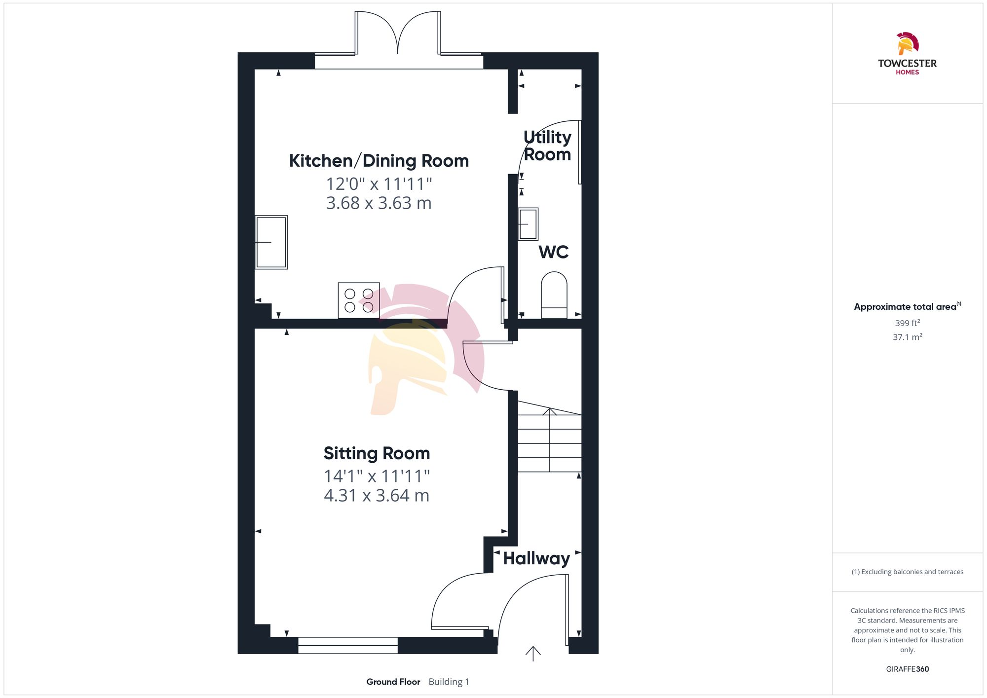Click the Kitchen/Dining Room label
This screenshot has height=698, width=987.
[x=379, y=161]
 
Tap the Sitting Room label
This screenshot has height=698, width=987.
[x=377, y=453]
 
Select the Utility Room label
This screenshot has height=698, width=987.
[x=547, y=146]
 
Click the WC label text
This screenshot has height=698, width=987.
[x=553, y=252]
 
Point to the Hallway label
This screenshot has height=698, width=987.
[x=536, y=558]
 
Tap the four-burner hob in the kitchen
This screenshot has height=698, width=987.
[x=359, y=300]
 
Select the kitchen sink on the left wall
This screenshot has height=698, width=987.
[x=271, y=242]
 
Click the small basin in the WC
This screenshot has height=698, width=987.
[x=528, y=224]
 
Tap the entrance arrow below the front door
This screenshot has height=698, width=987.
[x=533, y=654]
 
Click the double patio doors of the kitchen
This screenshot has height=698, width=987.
[x=398, y=35]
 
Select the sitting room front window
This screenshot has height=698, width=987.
[x=348, y=645]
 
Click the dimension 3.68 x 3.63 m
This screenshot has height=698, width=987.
[x=379, y=203]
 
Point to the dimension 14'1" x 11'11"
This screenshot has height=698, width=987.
[x=377, y=477]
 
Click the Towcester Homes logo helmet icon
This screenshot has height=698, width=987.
[x=907, y=43]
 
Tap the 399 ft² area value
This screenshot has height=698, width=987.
[x=907, y=323]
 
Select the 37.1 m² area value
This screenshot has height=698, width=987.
[x=907, y=337]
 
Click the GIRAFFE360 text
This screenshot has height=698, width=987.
[x=907, y=669]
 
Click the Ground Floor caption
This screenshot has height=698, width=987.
[x=393, y=682]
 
